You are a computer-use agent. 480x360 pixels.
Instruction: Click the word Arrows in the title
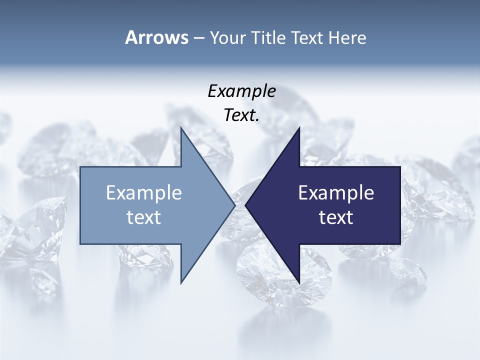point(156,37)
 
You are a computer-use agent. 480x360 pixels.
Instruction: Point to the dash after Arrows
point(198,38)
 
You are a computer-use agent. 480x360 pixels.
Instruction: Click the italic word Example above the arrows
point(241,91)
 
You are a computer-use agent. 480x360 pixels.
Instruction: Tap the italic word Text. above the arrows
point(241,115)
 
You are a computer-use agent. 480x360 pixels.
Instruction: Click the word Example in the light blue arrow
point(144,193)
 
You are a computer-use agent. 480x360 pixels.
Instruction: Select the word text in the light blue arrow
point(144,217)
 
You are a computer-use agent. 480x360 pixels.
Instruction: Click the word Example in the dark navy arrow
point(336,193)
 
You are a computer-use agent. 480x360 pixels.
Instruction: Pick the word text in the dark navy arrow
point(336,217)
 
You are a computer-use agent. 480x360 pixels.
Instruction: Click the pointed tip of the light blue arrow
point(234,205)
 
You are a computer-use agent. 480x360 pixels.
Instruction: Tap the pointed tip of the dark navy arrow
point(246,205)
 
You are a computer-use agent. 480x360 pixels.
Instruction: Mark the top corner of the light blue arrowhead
point(181,128)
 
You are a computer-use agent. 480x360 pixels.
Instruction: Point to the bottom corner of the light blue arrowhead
point(181,282)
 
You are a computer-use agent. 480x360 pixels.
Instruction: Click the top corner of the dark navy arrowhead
point(299,128)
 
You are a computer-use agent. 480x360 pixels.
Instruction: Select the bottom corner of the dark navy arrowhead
point(299,283)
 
